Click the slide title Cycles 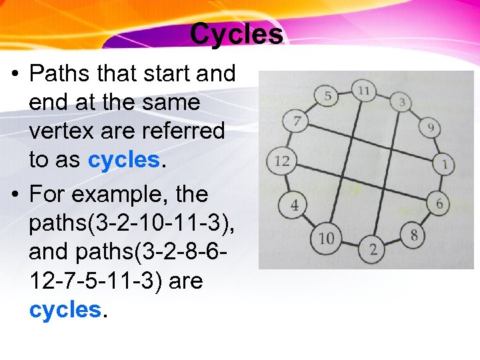coord(236,33)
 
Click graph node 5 coord(327,96)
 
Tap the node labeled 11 coord(363,90)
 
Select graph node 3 coord(402,103)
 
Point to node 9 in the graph coord(431,127)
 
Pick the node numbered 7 coord(297,122)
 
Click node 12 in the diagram coord(281,161)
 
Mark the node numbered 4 coord(294,205)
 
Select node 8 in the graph coord(413,235)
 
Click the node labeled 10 coord(325,238)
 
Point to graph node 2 coord(373,250)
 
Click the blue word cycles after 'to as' coord(123,160)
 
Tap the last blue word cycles coord(64,309)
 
